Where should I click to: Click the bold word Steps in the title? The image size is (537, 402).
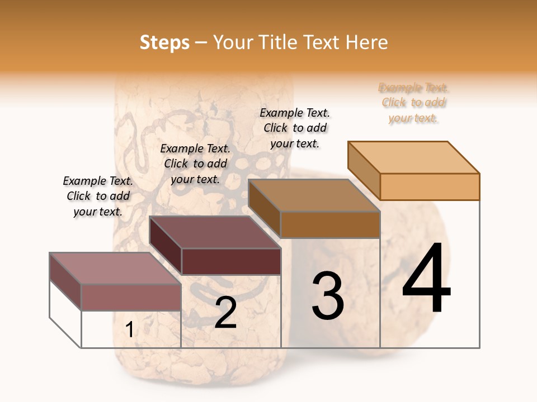click(164, 42)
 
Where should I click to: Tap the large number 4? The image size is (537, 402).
click(426, 279)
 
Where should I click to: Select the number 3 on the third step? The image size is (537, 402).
click(327, 295)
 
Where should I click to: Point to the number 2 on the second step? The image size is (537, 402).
click(225, 313)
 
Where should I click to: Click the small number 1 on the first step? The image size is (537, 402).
click(129, 329)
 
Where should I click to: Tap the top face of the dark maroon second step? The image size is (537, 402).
click(215, 232)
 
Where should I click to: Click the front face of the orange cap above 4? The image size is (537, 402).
click(430, 186)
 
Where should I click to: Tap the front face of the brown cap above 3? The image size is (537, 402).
click(330, 224)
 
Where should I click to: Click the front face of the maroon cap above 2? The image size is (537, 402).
click(230, 261)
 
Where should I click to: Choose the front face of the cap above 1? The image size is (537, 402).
click(131, 297)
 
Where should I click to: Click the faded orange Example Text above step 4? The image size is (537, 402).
click(413, 103)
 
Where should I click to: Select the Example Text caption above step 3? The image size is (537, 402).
click(295, 128)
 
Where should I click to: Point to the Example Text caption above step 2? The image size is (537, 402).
click(195, 164)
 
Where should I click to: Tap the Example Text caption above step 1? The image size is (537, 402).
click(98, 196)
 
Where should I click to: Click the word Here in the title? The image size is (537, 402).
click(367, 42)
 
